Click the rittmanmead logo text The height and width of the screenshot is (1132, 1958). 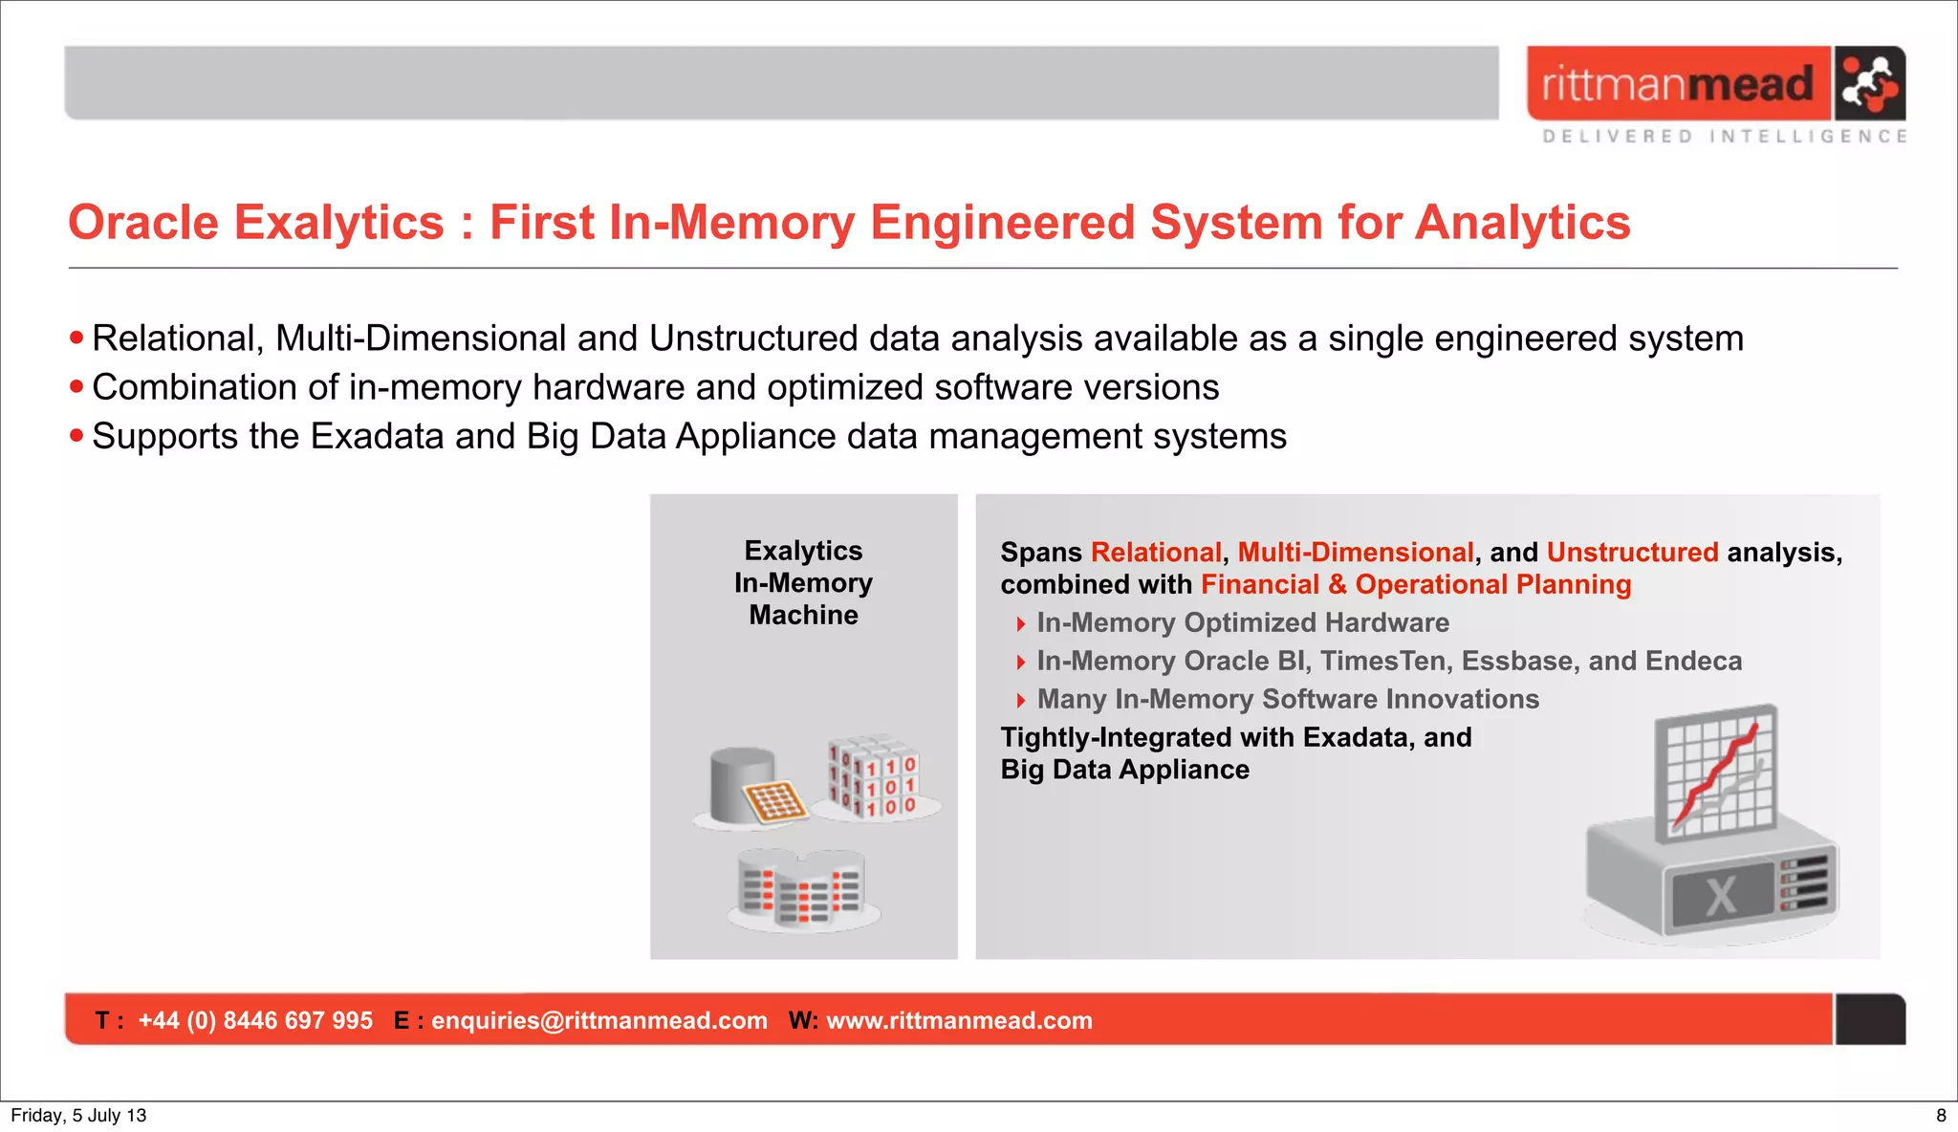pos(1677,84)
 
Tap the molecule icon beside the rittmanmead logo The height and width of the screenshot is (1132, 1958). pos(1870,83)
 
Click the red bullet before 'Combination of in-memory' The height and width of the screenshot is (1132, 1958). pos(76,387)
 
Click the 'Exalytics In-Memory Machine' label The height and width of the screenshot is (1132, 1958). pos(803,582)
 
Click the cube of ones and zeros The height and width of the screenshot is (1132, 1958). pos(872,776)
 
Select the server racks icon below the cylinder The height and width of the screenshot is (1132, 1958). pos(803,888)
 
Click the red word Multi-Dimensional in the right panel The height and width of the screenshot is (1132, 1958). pos(1355,553)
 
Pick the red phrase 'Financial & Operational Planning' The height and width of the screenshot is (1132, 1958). pos(1415,585)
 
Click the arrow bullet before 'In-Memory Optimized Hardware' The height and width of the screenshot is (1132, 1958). pos(1020,624)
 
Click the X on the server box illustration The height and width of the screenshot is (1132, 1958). pos(1721,896)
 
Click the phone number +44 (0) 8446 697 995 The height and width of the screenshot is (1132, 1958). pos(255,1021)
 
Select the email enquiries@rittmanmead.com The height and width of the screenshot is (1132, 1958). pos(598,1021)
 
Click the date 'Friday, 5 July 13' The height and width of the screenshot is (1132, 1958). pos(78,1116)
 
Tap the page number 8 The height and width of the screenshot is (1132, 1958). pos(1941,1116)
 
